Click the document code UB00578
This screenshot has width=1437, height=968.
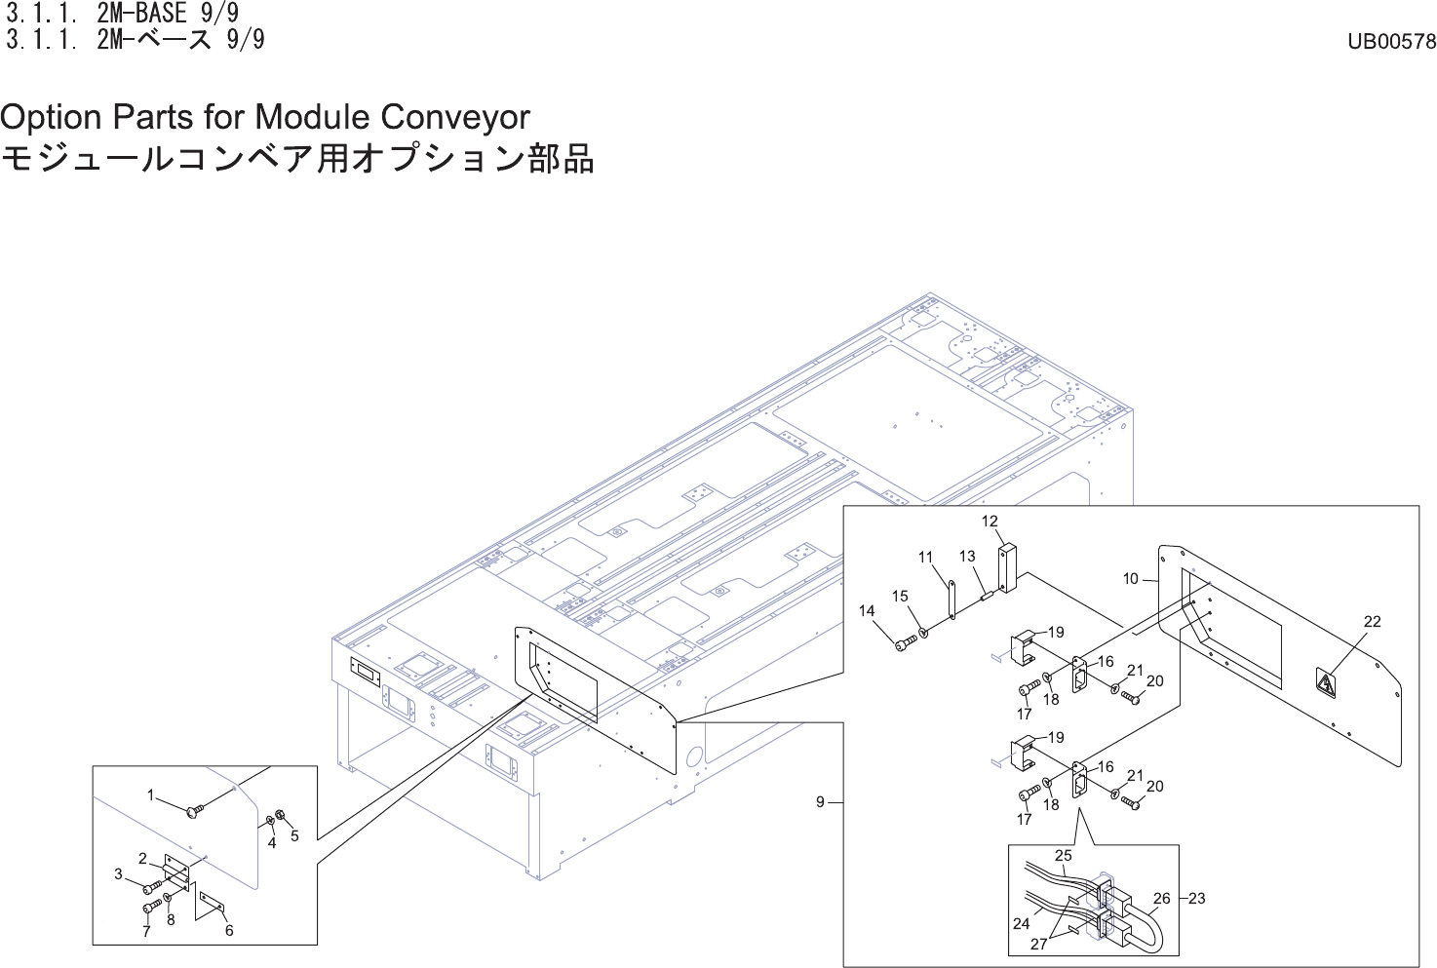(x=1391, y=42)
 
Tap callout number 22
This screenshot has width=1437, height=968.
(x=1372, y=622)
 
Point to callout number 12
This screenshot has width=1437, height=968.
(x=990, y=522)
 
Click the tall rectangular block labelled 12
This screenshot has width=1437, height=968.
(x=1007, y=568)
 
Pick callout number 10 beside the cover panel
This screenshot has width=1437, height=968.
(x=1130, y=579)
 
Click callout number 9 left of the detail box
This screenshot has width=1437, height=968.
(x=820, y=802)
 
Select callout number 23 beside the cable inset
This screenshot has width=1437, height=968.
(x=1197, y=899)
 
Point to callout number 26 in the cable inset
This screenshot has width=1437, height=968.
(x=1161, y=899)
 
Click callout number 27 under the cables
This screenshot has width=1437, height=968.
(x=1039, y=944)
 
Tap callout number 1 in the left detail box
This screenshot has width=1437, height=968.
(x=150, y=795)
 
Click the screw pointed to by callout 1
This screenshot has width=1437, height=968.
(x=193, y=809)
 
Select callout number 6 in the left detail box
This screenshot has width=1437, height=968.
(x=229, y=930)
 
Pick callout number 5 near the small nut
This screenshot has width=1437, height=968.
(x=294, y=835)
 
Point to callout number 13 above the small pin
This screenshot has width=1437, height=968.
(x=966, y=557)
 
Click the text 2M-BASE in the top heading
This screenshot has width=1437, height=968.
(x=141, y=14)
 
